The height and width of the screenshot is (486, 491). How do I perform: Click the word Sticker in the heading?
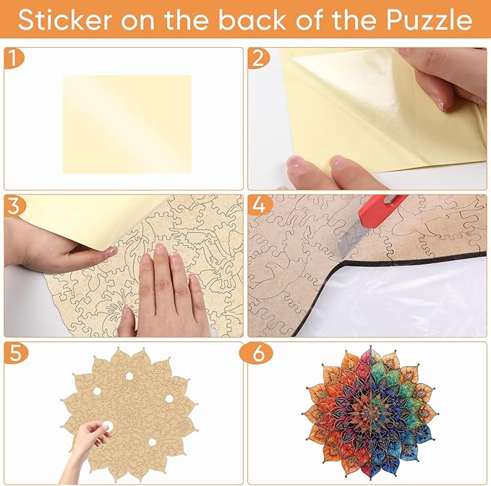tap(65, 20)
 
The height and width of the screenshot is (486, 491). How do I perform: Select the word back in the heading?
tap(252, 20)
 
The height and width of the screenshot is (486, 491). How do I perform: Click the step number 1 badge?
tap(13, 59)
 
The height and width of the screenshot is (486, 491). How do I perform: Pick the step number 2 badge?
tap(258, 59)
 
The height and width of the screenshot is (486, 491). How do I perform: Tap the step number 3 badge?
tap(14, 206)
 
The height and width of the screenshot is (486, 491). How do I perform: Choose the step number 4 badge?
tap(260, 205)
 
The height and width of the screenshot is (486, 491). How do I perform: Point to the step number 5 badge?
tap(16, 353)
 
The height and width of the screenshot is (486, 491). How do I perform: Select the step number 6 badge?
tap(256, 353)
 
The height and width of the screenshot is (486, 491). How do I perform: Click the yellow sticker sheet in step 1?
tap(127, 124)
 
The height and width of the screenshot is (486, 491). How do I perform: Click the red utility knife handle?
tap(383, 210)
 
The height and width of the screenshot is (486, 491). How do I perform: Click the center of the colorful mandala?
tap(371, 414)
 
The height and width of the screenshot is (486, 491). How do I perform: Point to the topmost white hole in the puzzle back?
tap(129, 376)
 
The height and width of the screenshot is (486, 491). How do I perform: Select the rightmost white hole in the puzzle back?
tap(169, 398)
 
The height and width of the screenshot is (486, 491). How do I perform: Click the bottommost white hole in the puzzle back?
tap(152, 442)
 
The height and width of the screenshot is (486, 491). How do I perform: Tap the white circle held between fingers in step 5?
tap(108, 426)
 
